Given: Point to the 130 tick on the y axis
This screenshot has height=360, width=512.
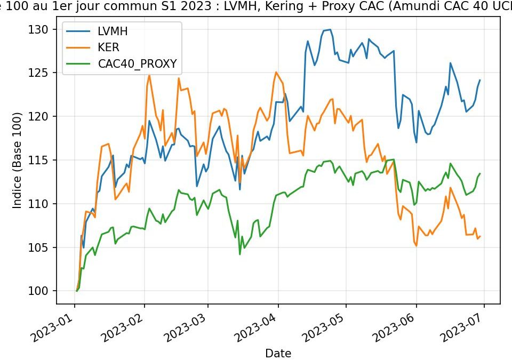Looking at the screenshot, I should [x=43, y=29].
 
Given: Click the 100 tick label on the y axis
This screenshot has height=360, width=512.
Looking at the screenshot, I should [x=43, y=291].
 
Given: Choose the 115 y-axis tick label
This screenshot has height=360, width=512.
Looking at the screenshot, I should [x=43, y=160].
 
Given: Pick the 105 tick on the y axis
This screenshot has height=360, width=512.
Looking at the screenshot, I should [x=43, y=247].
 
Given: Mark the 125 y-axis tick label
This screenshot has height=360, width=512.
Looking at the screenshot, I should [x=43, y=73].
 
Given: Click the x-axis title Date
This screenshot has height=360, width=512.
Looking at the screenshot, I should [x=279, y=353].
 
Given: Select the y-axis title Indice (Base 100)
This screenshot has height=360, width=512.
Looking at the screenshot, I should [x=18, y=160].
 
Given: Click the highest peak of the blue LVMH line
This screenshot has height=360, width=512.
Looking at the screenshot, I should [x=330, y=29].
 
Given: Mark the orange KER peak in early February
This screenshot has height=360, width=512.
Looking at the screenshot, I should [x=149, y=75].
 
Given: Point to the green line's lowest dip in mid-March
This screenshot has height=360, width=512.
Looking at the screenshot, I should [x=240, y=254].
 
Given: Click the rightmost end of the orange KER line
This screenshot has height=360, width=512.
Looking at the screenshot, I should [x=480, y=236].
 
